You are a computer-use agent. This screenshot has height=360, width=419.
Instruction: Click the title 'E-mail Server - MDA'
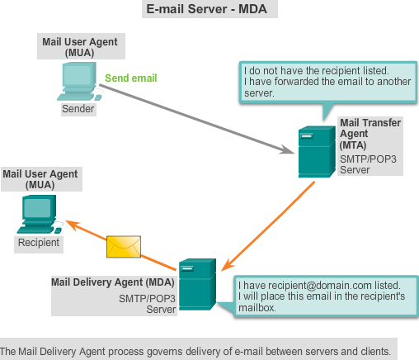pos(209,9)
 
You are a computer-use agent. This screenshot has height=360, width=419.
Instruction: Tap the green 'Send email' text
pos(131,78)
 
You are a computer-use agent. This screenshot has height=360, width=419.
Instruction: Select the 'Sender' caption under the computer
pos(79,108)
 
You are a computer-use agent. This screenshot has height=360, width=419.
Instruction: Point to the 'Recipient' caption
pos(39,243)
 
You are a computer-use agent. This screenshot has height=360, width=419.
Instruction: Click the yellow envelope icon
pos(124,246)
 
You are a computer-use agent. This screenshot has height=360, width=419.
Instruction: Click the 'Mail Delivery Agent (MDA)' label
pos(113,282)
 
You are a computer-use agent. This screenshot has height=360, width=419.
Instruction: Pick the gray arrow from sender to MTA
pos(198,116)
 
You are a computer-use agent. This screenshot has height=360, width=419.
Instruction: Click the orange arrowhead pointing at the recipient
pos(73,224)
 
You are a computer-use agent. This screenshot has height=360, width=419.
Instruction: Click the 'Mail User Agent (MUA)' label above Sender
pos(79,46)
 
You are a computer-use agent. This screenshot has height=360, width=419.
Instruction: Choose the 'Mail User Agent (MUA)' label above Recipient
pos(40,179)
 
